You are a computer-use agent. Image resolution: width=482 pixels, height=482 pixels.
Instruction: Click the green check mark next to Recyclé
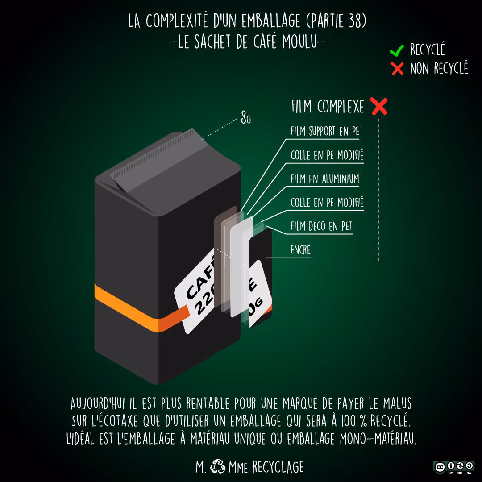397,50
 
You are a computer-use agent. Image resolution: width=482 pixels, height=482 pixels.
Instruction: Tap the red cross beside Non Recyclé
397,69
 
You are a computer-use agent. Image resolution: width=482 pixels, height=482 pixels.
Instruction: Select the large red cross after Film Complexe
379,107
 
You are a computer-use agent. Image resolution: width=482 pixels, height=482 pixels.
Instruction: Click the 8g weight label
245,119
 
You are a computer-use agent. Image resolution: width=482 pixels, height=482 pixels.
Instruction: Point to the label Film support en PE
324,131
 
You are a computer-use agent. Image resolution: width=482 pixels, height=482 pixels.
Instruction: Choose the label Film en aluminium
324,179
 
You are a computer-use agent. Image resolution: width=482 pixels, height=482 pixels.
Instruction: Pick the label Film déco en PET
321,226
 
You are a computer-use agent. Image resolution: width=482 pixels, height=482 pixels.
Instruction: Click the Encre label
300,250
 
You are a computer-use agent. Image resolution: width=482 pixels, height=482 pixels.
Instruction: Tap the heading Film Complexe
328,107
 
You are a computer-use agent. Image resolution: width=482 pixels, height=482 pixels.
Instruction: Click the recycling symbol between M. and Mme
218,466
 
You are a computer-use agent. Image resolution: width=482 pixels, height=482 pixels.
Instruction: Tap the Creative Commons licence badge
453,467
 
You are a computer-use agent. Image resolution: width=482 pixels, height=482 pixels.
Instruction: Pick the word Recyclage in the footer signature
278,467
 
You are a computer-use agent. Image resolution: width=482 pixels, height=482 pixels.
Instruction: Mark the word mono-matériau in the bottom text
382,439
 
